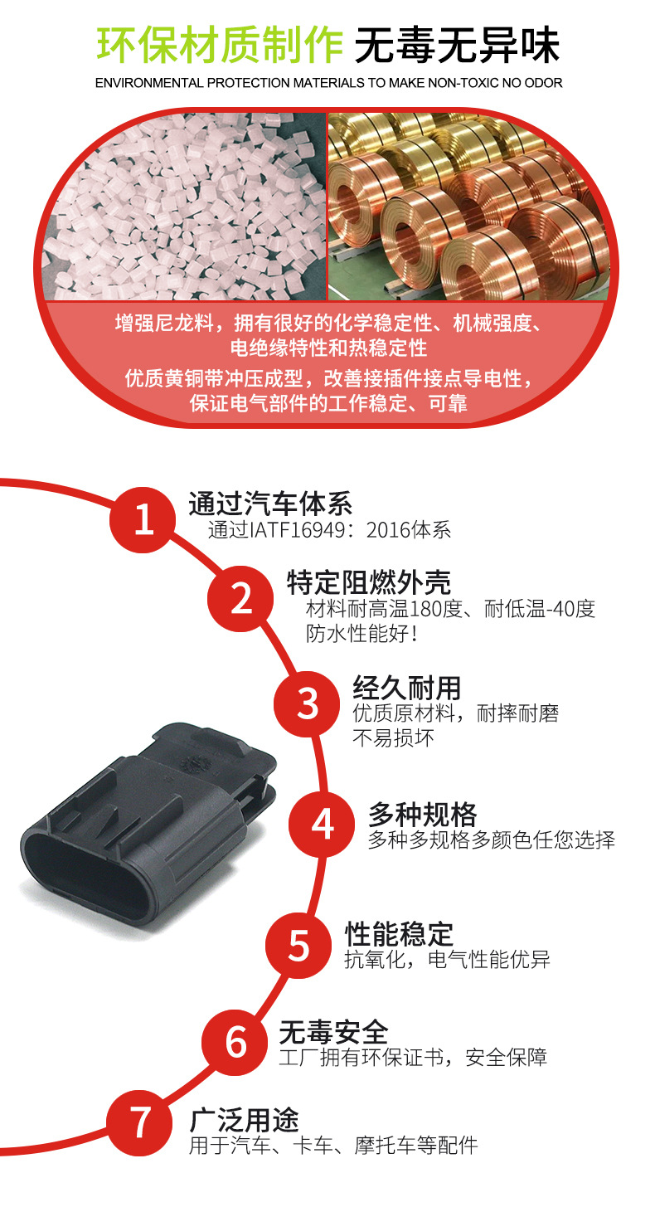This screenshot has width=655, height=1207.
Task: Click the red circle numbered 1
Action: pyautogui.click(x=143, y=520)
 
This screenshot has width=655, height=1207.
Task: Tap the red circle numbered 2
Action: pyautogui.click(x=241, y=598)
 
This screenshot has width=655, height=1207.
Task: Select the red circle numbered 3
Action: pyautogui.click(x=308, y=703)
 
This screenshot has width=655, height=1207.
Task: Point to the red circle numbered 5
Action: pyautogui.click(x=299, y=946)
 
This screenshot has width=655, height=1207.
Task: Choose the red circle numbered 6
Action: pyautogui.click(x=237, y=1042)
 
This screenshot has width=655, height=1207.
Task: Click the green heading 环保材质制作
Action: pyautogui.click(x=219, y=45)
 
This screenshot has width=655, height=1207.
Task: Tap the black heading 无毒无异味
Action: pyautogui.click(x=457, y=45)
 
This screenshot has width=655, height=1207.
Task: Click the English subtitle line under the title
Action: pyautogui.click(x=328, y=83)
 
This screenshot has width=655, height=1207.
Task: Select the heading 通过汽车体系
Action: pyautogui.click(x=270, y=503)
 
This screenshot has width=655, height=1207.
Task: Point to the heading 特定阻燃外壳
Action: pyautogui.click(x=369, y=582)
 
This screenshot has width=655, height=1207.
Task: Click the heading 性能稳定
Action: pyautogui.click(x=399, y=933)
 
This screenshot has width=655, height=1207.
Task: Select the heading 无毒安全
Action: pyautogui.click(x=333, y=1032)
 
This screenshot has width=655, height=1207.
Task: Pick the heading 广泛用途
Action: pyautogui.click(x=244, y=1120)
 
